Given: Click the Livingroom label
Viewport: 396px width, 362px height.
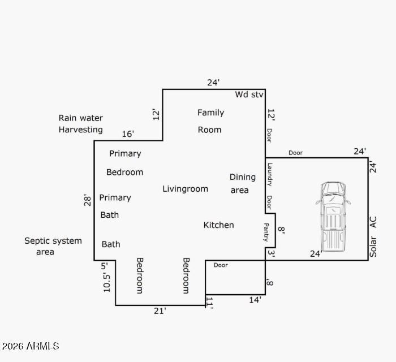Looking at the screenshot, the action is click(x=185, y=189).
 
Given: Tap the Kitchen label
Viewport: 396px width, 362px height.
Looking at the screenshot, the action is click(x=219, y=225).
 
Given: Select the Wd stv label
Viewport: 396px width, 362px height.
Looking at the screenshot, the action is click(x=249, y=94).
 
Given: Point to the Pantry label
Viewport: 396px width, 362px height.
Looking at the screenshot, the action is click(x=266, y=232).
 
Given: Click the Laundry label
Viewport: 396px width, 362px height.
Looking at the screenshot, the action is click(x=270, y=175).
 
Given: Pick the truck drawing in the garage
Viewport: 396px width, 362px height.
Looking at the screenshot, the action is click(x=333, y=217).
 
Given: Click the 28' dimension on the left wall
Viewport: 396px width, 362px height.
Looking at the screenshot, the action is click(x=87, y=200).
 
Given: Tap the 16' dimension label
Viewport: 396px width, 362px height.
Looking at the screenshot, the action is click(x=128, y=134).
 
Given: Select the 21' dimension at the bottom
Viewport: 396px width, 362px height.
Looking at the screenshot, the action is click(x=160, y=311).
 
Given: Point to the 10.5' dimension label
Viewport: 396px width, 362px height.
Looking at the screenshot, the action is click(x=106, y=283).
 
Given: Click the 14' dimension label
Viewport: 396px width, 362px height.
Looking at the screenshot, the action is click(x=255, y=300).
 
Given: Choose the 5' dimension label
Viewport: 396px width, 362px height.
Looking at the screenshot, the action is click(x=104, y=266).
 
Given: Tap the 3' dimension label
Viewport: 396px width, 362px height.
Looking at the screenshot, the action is click(x=271, y=253).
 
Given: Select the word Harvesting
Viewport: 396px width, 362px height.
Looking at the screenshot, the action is click(x=80, y=130).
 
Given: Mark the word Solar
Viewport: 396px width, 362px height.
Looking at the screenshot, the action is click(x=373, y=247).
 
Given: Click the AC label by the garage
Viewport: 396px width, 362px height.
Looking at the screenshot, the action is click(x=373, y=222).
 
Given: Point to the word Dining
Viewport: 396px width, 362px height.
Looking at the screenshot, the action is click(x=243, y=177).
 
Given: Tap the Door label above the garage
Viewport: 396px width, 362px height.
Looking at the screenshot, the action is click(x=295, y=153).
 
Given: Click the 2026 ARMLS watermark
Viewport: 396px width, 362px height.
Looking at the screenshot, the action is click(x=31, y=346).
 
